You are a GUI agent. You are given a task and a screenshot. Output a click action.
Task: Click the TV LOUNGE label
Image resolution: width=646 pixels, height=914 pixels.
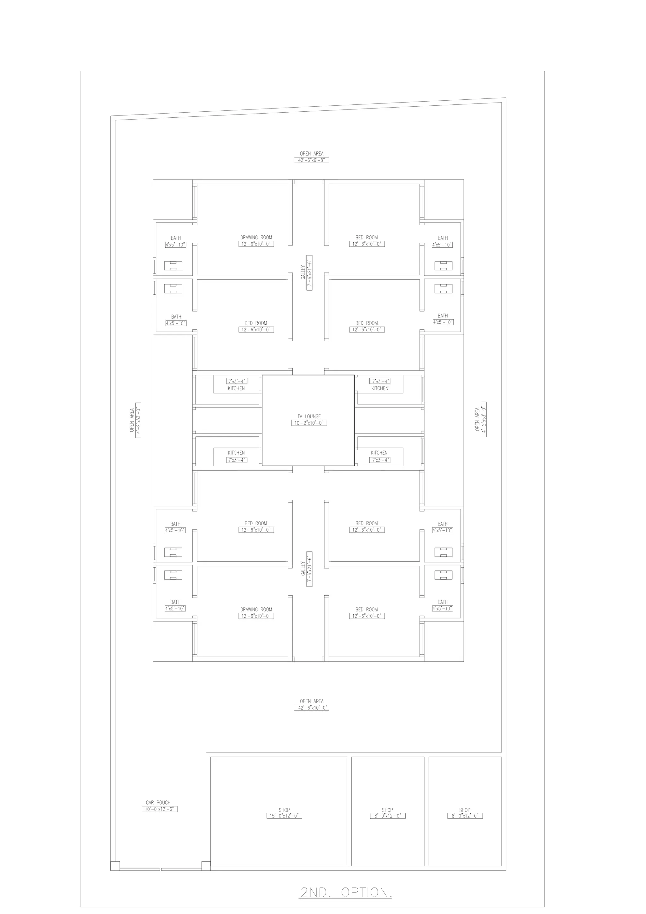pos(309,416)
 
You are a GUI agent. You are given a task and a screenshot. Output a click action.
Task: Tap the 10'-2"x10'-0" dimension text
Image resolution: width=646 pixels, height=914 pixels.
pos(309,423)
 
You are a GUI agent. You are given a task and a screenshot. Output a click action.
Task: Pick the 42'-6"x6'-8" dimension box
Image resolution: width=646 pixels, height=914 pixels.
pos(312,160)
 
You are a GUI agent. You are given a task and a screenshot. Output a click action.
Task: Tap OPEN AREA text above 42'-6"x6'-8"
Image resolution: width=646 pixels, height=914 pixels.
pos(312,154)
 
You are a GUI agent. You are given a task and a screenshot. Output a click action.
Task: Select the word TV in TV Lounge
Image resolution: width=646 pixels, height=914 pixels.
pos(300,416)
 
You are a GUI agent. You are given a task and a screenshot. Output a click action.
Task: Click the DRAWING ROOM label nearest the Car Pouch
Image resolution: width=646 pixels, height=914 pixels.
pos(256,610)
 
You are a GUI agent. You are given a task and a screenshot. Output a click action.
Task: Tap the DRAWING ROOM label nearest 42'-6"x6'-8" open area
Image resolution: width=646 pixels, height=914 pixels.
pos(256,237)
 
